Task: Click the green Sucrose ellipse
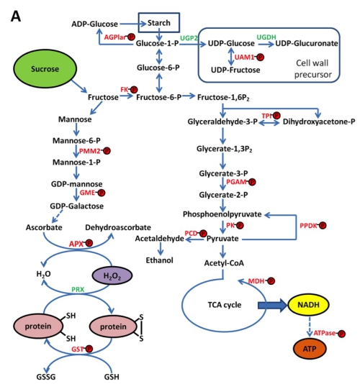click(45, 68)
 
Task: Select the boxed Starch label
click(159, 23)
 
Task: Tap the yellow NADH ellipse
click(308, 305)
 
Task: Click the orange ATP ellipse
click(310, 349)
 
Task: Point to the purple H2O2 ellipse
click(112, 275)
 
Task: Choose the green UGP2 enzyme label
click(189, 38)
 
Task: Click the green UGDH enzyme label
click(266, 37)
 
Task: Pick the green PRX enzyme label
click(78, 290)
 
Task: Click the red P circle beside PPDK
click(323, 225)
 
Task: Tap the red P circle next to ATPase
click(341, 334)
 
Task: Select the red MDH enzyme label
click(256, 281)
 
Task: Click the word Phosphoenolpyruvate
click(222, 214)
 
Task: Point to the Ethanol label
click(159, 260)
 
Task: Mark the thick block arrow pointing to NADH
click(272, 305)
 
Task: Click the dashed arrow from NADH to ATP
click(309, 327)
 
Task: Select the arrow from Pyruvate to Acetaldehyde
click(195, 239)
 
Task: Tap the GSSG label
click(46, 377)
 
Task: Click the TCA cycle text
click(225, 305)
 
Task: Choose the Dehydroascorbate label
click(118, 227)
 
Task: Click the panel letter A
click(16, 17)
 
